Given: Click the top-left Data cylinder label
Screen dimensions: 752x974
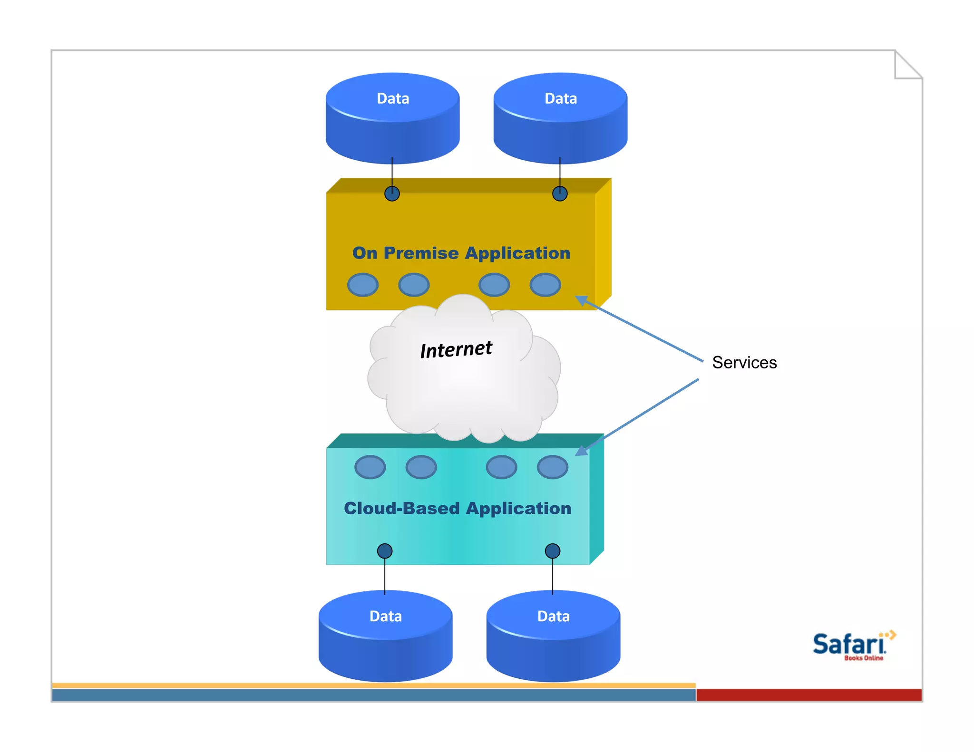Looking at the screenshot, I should [393, 98].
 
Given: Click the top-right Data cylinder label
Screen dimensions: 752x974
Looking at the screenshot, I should [561, 98].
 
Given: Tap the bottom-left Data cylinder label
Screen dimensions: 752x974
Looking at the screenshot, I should [386, 616].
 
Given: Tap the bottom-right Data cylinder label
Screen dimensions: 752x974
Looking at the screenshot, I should [554, 616].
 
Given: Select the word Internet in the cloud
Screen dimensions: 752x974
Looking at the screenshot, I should [456, 349].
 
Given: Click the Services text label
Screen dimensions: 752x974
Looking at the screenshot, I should [744, 363].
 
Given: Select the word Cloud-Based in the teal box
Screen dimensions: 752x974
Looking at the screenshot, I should [401, 508].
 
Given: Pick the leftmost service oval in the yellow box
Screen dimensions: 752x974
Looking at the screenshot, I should [363, 285].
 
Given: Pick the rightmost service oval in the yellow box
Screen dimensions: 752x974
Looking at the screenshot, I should [545, 285].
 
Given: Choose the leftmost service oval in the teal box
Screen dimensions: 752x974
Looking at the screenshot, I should [370, 467].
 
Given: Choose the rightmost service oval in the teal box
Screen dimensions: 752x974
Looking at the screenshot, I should [553, 467].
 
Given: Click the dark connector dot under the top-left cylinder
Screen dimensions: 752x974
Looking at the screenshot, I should [392, 193].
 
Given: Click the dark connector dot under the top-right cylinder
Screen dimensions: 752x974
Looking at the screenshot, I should [560, 193].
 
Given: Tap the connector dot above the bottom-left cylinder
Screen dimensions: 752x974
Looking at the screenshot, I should [385, 551].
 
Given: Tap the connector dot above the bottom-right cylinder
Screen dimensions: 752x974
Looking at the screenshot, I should [553, 551].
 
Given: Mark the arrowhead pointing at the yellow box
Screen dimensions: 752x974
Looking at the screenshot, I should [582, 300].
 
